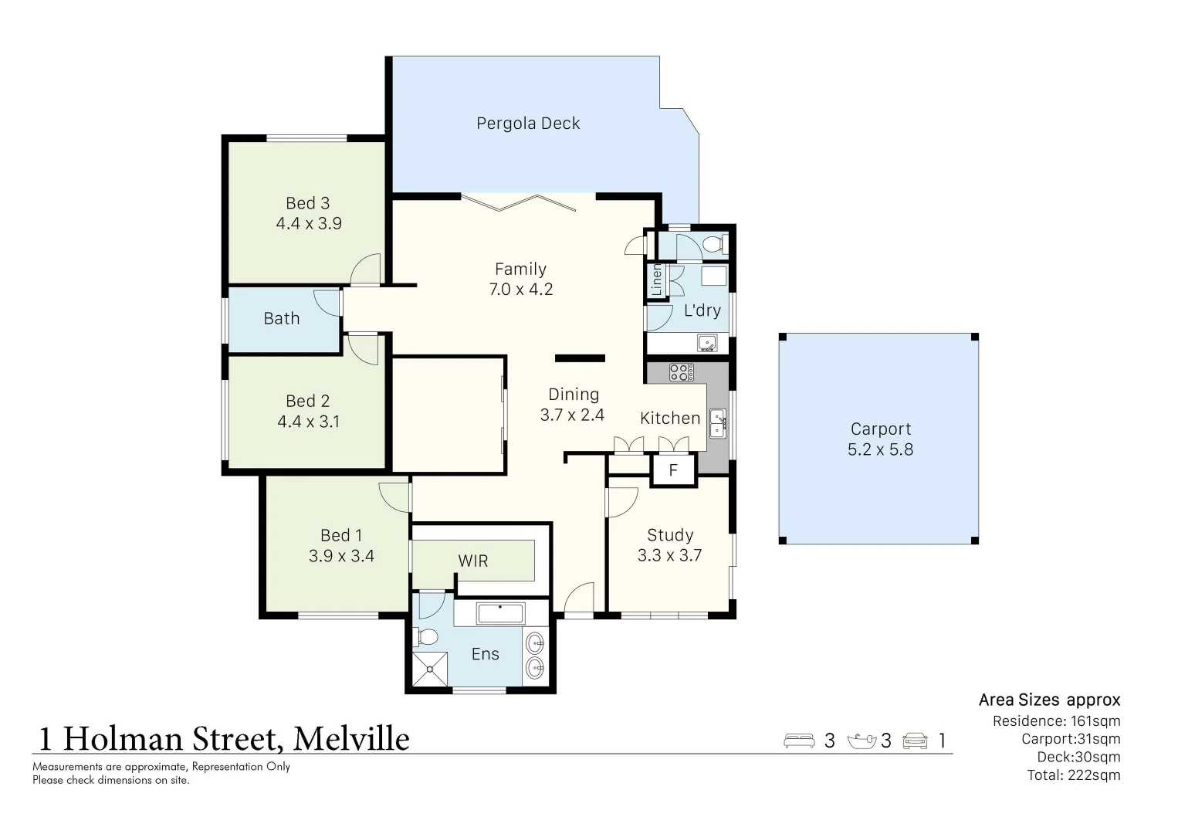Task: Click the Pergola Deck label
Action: tap(527, 124)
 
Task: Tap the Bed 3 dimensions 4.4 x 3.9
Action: tap(309, 224)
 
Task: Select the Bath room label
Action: tap(282, 318)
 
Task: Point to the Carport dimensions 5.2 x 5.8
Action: tap(880, 449)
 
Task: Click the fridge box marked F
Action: tap(673, 470)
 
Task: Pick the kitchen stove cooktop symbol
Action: tap(681, 372)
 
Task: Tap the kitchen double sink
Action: tap(718, 423)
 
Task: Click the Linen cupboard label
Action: tap(657, 280)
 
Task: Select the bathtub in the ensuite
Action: tap(500, 614)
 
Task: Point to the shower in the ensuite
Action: tap(430, 668)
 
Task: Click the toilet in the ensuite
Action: tap(425, 637)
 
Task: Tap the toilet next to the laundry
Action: tap(713, 245)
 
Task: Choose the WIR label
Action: tap(472, 561)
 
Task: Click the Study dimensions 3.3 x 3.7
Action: tap(669, 555)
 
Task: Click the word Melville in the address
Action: tap(351, 739)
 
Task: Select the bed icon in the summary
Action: tap(799, 741)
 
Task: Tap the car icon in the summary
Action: tap(915, 741)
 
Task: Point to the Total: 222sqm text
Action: tap(1073, 775)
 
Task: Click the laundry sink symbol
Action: tap(706, 342)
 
